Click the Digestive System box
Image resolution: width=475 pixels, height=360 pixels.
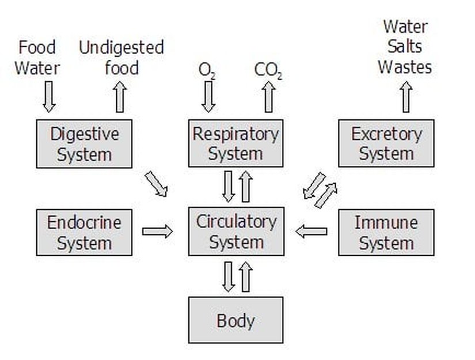84,144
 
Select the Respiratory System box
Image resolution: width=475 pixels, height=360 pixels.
235,143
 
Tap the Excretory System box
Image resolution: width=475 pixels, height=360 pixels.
386,143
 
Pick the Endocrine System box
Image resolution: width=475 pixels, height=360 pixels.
84,232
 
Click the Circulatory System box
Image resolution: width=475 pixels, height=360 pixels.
235,232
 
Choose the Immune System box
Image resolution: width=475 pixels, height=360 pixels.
386,232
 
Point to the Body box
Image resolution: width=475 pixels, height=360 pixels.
235,320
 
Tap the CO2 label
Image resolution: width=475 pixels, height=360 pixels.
268,70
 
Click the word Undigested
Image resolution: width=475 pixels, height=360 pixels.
121,47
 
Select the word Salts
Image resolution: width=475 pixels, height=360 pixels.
405,47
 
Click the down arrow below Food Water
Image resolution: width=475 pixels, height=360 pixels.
49,96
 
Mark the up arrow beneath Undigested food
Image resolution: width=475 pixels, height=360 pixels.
120,96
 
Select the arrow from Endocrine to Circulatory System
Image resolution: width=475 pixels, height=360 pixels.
157,232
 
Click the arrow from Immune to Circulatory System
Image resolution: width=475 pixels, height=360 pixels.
311,232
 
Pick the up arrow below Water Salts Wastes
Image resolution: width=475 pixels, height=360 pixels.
406,96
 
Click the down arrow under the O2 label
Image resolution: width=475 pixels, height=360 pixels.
208,97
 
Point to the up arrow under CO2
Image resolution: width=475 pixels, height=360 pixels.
268,97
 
